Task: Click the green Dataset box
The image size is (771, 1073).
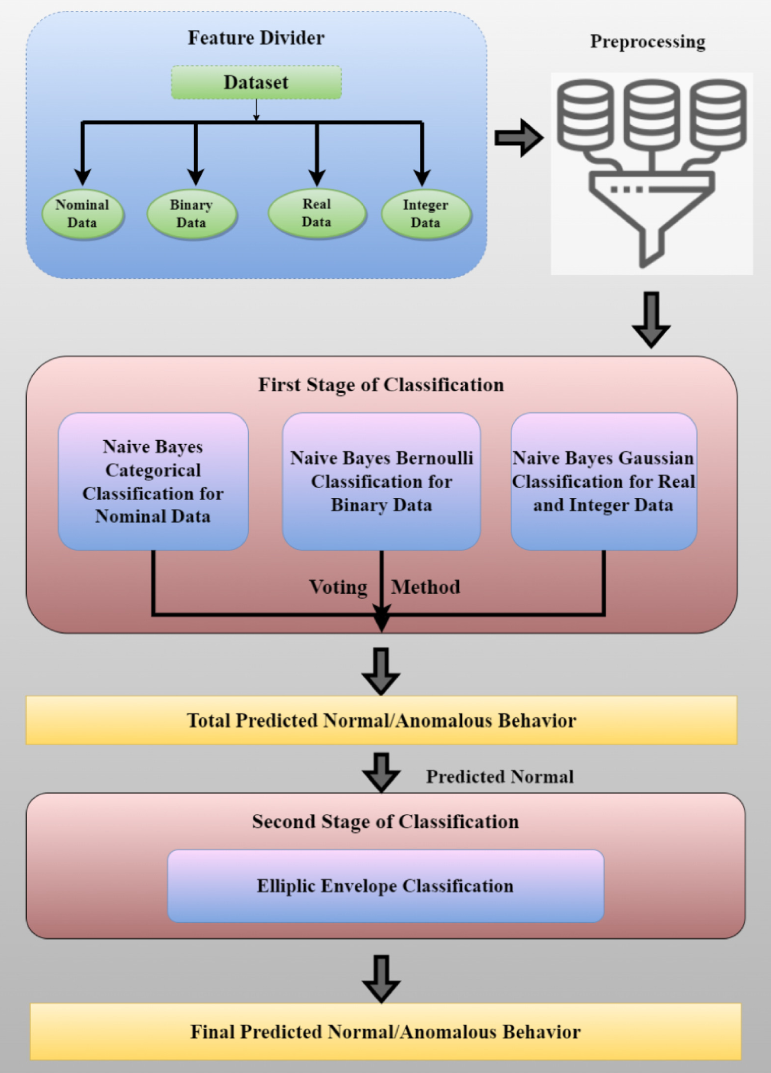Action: click(x=256, y=82)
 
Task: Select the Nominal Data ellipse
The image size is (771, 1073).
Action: click(x=82, y=214)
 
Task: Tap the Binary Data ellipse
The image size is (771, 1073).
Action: click(x=192, y=214)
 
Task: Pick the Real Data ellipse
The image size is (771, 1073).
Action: click(x=317, y=213)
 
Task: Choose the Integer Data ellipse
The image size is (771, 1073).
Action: click(x=426, y=214)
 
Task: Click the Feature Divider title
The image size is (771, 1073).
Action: click(x=256, y=38)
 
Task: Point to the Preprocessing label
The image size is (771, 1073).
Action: click(x=648, y=42)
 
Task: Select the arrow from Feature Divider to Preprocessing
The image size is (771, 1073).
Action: click(x=518, y=138)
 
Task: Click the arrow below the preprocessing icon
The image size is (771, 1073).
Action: click(x=651, y=319)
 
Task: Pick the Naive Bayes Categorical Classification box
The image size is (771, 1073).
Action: click(x=153, y=481)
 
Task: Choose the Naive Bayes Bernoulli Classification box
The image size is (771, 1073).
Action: click(x=381, y=481)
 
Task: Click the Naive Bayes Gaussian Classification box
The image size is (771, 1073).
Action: click(x=604, y=481)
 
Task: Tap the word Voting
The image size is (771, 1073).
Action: click(x=338, y=587)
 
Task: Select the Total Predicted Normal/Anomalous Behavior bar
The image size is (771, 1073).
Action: click(x=381, y=720)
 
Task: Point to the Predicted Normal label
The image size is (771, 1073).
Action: click(x=500, y=777)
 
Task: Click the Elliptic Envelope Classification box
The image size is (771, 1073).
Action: click(x=385, y=886)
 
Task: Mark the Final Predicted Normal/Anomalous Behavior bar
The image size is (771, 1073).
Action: click(x=385, y=1032)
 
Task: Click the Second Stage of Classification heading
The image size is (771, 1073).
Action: click(x=385, y=821)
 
